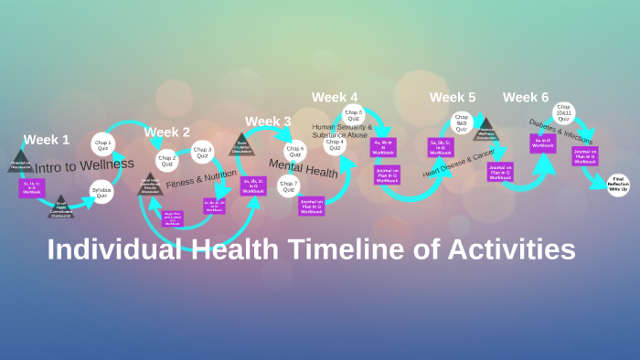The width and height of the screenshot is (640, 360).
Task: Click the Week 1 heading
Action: coord(47,140)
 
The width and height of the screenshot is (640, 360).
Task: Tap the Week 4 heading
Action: coord(335,97)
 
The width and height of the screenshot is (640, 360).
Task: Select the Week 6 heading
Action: coord(526,97)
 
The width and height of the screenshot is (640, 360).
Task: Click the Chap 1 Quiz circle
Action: coord(102,144)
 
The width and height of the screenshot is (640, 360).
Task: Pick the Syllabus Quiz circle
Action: coord(102,193)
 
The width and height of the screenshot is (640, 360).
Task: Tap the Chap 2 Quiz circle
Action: coord(167,163)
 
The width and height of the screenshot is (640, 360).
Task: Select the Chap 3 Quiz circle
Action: coord(203,152)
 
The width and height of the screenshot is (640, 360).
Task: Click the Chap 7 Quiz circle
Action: coord(289,187)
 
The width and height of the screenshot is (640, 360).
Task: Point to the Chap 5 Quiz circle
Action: coord(354,115)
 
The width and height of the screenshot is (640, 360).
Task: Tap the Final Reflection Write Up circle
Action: coord(619,184)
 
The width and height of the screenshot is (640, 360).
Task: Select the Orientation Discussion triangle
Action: coord(21,164)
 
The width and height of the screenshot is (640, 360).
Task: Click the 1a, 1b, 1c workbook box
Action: coord(32,187)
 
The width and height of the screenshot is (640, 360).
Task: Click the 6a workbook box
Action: coord(543,143)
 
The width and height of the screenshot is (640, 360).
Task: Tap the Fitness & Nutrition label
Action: coord(201,177)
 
